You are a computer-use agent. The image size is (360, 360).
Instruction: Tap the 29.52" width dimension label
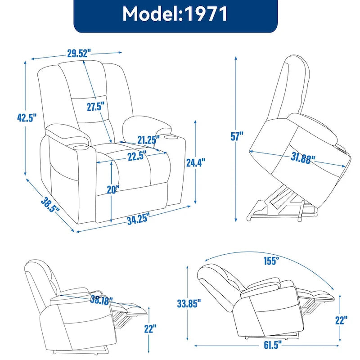(77, 53)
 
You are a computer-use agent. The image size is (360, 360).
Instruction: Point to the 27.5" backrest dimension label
(95, 107)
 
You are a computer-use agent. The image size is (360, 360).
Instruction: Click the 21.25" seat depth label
(148, 140)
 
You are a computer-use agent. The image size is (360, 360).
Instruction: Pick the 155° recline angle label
(272, 260)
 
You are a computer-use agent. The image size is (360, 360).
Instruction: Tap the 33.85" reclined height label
(186, 305)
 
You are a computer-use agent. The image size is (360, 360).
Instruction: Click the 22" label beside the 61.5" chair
(341, 320)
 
